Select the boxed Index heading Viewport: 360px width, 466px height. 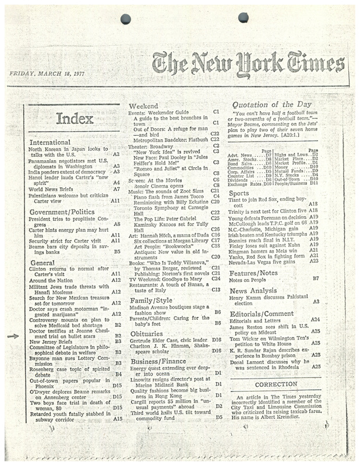(x=76, y=120)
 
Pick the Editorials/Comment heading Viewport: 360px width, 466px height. (x=262, y=313)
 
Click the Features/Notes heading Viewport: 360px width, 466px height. (x=253, y=273)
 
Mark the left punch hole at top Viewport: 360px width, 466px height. (x=126, y=19)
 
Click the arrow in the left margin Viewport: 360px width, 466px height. (x=15, y=336)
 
